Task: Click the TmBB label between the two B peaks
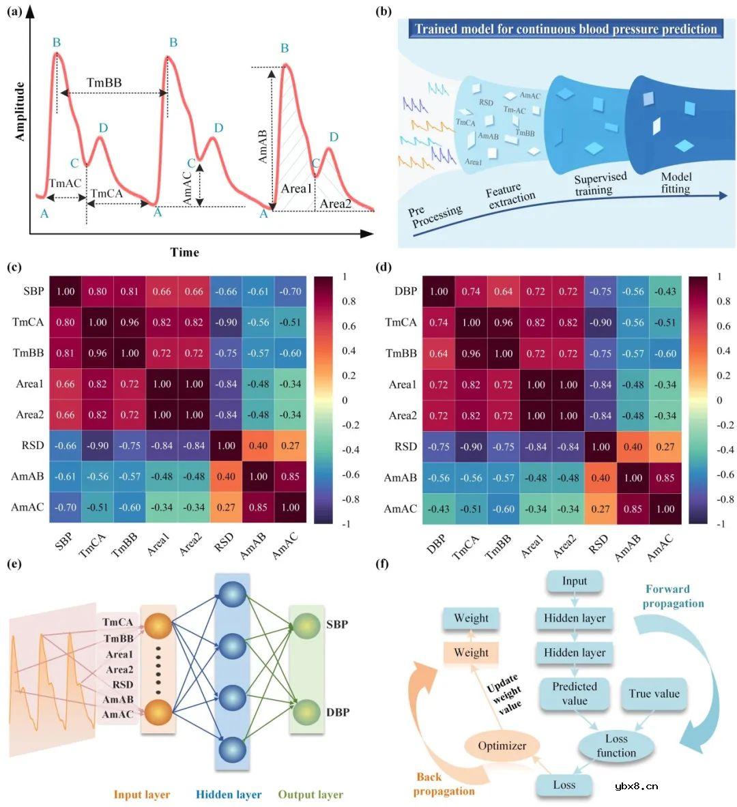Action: point(104,83)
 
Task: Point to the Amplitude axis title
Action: point(19,112)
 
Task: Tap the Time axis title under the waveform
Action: point(184,252)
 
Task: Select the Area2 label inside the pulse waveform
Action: point(336,203)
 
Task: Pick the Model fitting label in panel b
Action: point(676,183)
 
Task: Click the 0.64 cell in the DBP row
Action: point(503,292)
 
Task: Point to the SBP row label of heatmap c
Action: point(33,291)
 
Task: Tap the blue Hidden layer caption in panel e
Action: point(229,794)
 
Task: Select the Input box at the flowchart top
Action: point(575,581)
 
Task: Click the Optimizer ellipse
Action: point(502,746)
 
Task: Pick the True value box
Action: point(654,694)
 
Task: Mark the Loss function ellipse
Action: point(616,746)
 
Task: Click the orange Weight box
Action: point(471,652)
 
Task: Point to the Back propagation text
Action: point(444,784)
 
